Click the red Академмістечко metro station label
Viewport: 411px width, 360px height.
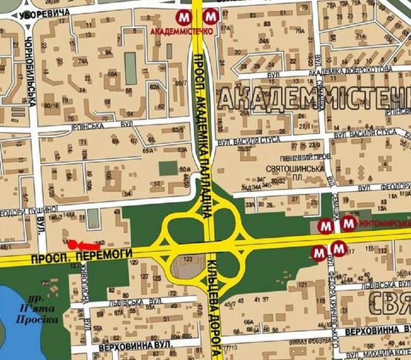tap(181, 33)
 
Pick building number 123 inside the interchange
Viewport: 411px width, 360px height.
tap(188, 259)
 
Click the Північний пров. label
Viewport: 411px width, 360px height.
tap(295, 158)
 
